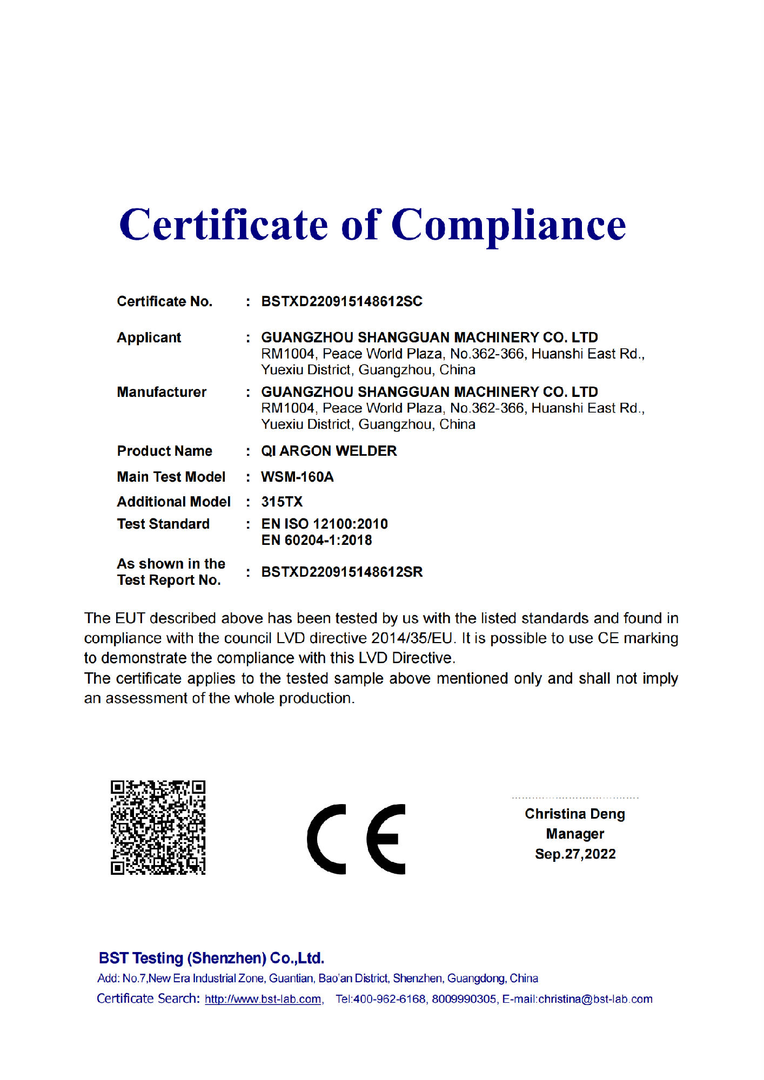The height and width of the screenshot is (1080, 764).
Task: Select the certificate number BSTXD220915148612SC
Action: click(x=341, y=301)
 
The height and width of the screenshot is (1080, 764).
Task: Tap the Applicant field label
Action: click(x=149, y=337)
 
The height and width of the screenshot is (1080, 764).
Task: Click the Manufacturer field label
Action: click(x=162, y=392)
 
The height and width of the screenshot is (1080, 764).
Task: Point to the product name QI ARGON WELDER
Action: click(x=329, y=451)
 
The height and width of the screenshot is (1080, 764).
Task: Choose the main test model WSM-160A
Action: click(x=297, y=477)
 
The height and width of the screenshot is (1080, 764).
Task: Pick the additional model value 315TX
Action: click(x=282, y=502)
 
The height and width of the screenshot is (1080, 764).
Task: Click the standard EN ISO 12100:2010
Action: click(x=324, y=524)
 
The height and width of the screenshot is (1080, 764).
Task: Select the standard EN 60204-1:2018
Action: click(x=317, y=540)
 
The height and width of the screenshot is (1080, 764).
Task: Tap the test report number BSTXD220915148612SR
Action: click(x=341, y=572)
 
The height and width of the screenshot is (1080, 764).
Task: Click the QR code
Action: click(x=158, y=827)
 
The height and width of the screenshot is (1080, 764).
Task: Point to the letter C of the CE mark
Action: click(x=326, y=839)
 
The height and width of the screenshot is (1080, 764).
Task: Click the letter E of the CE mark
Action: click(x=386, y=839)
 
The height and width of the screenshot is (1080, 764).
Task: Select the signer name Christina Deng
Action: click(x=574, y=814)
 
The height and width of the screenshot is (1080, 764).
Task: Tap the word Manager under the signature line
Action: click(x=575, y=834)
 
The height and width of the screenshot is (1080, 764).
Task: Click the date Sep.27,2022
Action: click(x=575, y=854)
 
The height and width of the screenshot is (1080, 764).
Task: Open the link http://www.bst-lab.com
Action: click(x=263, y=999)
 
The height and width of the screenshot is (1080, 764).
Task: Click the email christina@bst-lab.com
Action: click(x=595, y=999)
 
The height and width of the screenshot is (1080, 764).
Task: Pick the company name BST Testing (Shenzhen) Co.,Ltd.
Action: click(x=211, y=958)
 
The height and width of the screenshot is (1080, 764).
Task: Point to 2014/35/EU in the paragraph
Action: click(x=412, y=638)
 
